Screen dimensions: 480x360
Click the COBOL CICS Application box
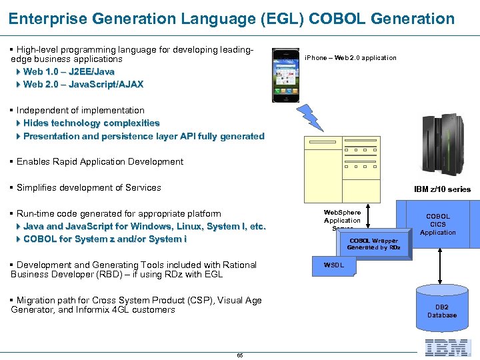pos(438,224)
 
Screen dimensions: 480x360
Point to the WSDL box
pos(334,265)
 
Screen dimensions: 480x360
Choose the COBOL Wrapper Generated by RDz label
pos(373,244)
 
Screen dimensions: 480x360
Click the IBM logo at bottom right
pos(448,347)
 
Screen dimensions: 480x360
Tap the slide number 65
pos(240,355)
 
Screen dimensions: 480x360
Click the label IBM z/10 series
pos(442,189)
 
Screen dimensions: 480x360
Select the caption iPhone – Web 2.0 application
pos(350,58)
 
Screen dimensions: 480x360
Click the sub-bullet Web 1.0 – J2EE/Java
pos(69,71)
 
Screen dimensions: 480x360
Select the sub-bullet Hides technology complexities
pos(91,123)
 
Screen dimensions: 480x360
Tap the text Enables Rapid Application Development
pos(99,161)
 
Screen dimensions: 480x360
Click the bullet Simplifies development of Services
pos(89,187)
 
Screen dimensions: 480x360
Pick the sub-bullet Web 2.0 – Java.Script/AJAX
pos(83,84)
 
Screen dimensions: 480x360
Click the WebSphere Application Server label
pos(342,221)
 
